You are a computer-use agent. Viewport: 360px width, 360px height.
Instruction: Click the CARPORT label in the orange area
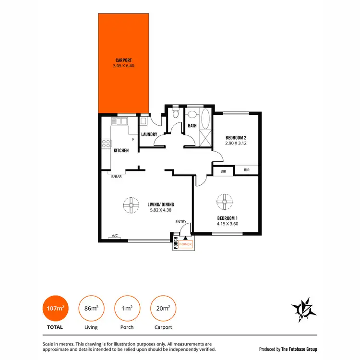click(x=124, y=60)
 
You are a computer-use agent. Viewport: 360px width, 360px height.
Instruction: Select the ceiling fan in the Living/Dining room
click(x=130, y=205)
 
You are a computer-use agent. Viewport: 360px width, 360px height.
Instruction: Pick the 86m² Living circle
click(x=91, y=308)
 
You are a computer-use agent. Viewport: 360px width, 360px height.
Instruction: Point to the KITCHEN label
click(x=121, y=151)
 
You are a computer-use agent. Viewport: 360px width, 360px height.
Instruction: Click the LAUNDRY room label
click(x=149, y=134)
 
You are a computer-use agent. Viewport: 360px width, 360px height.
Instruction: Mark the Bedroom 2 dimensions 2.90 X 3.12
click(x=236, y=143)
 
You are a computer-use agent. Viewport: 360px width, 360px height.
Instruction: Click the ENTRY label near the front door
click(x=181, y=221)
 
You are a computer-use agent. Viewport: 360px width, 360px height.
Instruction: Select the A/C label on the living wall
click(x=115, y=236)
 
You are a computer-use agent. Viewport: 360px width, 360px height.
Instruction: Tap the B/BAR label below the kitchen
click(x=117, y=177)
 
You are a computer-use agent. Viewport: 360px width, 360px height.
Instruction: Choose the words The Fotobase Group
click(x=299, y=349)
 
